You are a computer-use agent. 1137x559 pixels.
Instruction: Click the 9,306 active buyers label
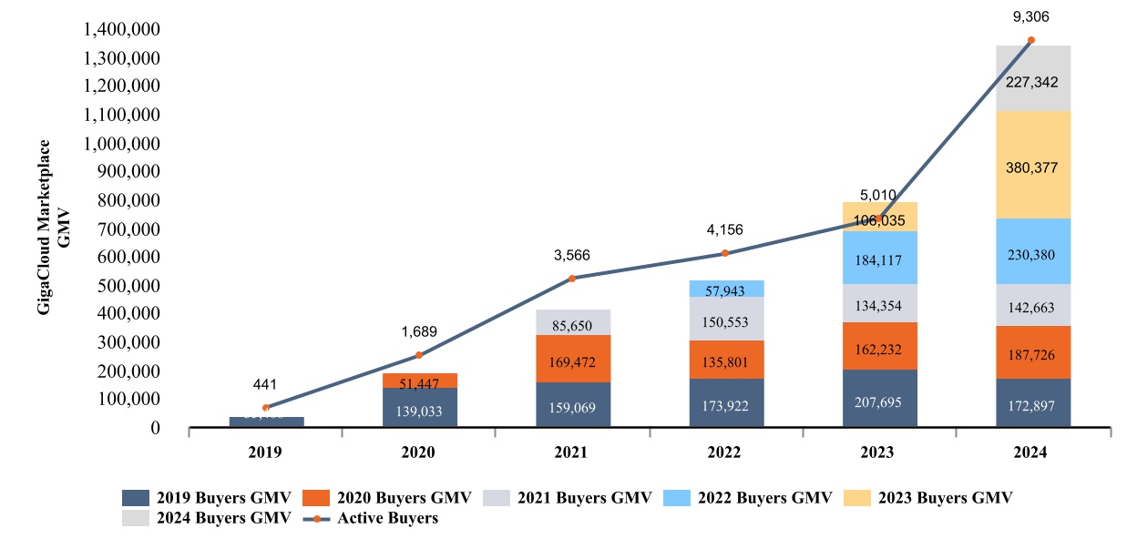pyautogui.click(x=1030, y=16)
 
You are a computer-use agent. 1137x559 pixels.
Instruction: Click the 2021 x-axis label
pyautogui.click(x=572, y=452)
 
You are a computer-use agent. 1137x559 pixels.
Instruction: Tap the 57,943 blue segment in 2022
pyautogui.click(x=725, y=289)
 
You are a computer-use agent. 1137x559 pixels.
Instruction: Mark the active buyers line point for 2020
pyautogui.click(x=419, y=355)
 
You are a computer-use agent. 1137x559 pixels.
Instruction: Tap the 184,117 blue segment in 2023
pyautogui.click(x=878, y=260)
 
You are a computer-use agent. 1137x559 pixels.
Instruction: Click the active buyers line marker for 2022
pyautogui.click(x=725, y=253)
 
